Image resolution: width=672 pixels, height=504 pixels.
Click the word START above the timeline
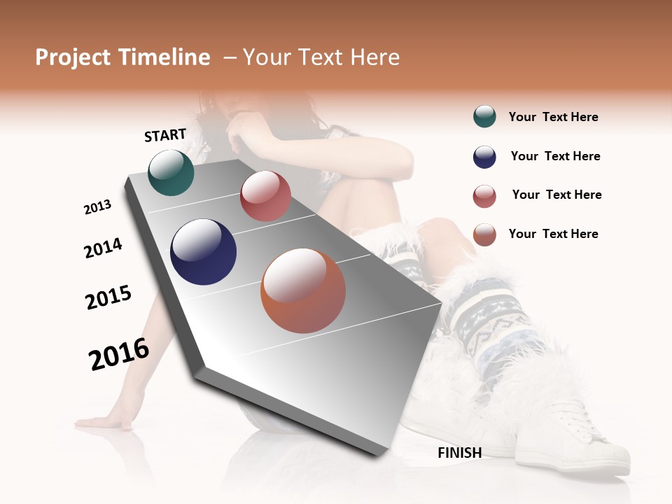pyautogui.click(x=165, y=135)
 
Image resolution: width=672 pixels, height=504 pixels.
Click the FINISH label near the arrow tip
pyautogui.click(x=459, y=453)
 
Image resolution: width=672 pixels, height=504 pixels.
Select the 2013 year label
pyautogui.click(x=97, y=207)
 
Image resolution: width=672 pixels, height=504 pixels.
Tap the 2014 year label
pyautogui.click(x=103, y=248)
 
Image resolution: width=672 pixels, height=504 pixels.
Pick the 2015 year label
pyautogui.click(x=108, y=297)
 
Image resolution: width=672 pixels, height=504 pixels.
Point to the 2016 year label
pyautogui.click(x=119, y=353)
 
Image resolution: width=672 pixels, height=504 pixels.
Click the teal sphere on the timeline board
pyautogui.click(x=171, y=173)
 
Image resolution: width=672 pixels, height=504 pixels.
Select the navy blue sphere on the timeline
pyautogui.click(x=203, y=252)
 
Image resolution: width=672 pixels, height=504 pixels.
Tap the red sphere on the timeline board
pyautogui.click(x=265, y=196)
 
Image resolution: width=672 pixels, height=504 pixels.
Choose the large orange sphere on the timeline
pyautogui.click(x=303, y=290)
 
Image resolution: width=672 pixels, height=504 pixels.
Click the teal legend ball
pyautogui.click(x=484, y=117)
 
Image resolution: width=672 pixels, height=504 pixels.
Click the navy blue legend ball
pyautogui.click(x=484, y=157)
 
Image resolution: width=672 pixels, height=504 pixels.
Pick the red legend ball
pyautogui.click(x=484, y=196)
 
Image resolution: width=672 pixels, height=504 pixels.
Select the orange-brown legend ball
pyautogui.click(x=484, y=234)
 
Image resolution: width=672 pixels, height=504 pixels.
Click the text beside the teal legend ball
pyautogui.click(x=553, y=117)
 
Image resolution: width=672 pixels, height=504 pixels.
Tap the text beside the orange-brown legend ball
pyautogui.click(x=553, y=234)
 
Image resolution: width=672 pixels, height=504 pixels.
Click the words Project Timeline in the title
pyautogui.click(x=122, y=57)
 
